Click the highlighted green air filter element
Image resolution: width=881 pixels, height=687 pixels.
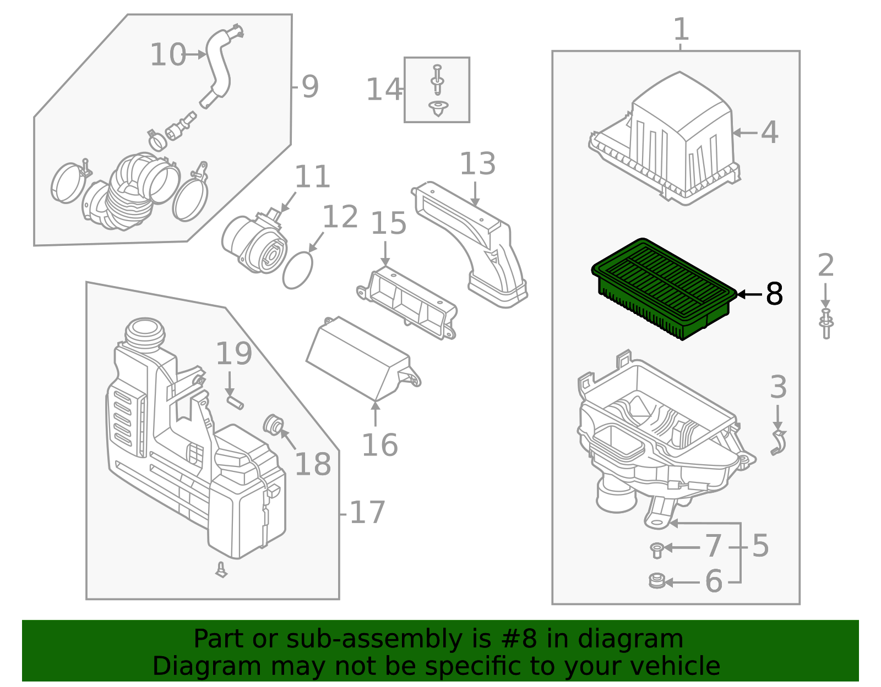point(664,287)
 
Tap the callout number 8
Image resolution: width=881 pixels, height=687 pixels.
point(774,294)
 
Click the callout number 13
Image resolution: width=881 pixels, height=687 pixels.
point(477,164)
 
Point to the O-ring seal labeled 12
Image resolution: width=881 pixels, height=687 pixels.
point(297,270)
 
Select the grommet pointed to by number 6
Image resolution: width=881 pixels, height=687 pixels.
point(657,581)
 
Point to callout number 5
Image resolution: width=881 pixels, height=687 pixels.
point(760,546)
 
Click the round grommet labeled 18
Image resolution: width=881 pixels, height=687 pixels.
point(274,424)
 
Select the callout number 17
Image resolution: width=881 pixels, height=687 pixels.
point(367,513)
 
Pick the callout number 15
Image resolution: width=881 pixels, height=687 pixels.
point(388,223)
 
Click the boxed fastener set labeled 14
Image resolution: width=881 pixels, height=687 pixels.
point(437,90)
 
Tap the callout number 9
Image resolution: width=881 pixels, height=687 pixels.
point(310,87)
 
